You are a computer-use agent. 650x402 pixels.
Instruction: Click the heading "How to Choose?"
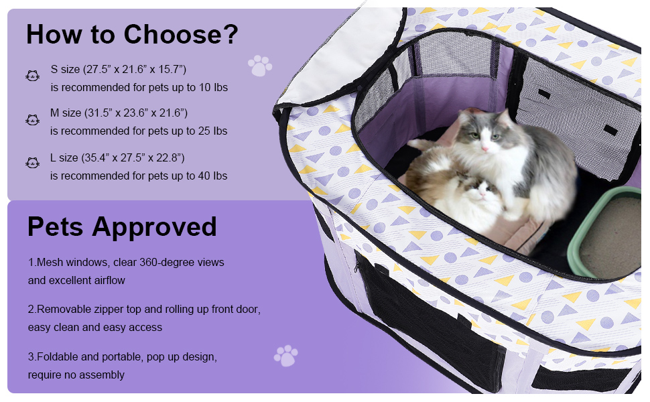pyautogui.click(x=132, y=34)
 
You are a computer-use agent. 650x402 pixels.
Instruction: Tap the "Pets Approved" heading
pyautogui.click(x=122, y=226)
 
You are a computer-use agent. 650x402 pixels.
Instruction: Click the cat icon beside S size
pyautogui.click(x=32, y=76)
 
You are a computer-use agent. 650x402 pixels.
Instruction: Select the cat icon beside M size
pyautogui.click(x=32, y=120)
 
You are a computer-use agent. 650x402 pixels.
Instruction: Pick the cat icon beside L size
pyautogui.click(x=32, y=163)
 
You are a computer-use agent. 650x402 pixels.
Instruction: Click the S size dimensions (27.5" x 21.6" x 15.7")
pyautogui.click(x=135, y=69)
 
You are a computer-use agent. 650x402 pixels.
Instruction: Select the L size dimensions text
pyautogui.click(x=133, y=158)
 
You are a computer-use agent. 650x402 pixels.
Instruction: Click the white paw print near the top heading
pyautogui.click(x=260, y=66)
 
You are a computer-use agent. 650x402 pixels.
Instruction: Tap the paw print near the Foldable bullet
pyautogui.click(x=285, y=356)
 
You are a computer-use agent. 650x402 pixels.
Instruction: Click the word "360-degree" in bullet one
pyautogui.click(x=166, y=263)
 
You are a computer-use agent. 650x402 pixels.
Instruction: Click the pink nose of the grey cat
pyautogui.click(x=484, y=148)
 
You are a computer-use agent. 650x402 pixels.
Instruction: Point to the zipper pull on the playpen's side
pyautogui.click(x=356, y=266)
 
